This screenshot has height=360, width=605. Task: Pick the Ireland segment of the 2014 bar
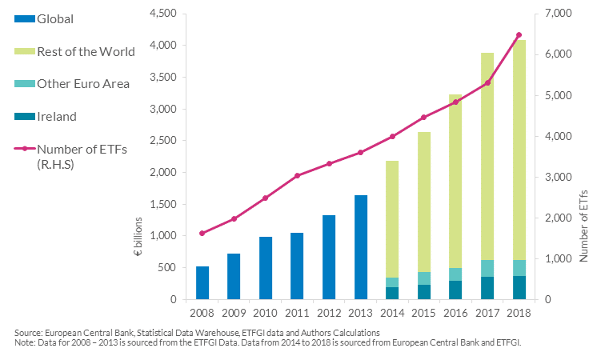click(x=392, y=293)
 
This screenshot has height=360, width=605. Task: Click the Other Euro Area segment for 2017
click(x=487, y=268)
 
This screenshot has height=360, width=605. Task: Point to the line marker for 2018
click(x=519, y=35)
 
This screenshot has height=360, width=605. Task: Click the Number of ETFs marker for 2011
click(x=297, y=175)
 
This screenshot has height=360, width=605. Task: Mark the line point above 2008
click(x=202, y=234)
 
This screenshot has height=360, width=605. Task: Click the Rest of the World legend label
click(x=86, y=52)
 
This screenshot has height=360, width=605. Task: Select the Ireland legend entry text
click(x=57, y=117)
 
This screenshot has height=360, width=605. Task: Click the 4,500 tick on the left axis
click(x=162, y=14)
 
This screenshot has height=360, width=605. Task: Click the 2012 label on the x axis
click(x=329, y=313)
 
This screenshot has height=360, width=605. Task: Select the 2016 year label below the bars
click(x=455, y=313)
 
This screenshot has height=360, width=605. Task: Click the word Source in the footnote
click(x=30, y=332)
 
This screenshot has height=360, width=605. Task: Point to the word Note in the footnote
click(x=26, y=342)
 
